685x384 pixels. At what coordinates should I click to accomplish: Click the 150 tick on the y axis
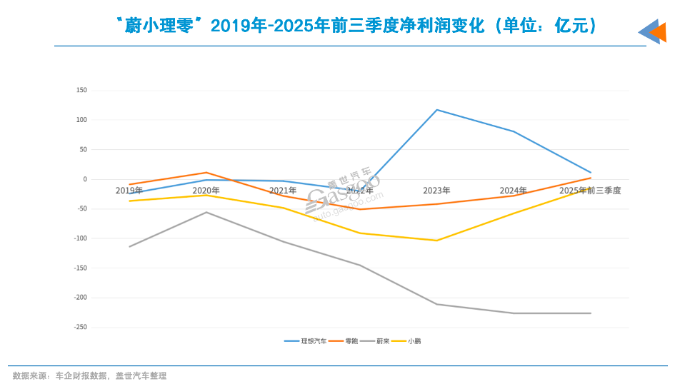tap(81, 90)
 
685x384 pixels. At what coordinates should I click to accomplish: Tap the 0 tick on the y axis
tap(84, 179)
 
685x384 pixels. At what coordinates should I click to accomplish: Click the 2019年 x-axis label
tap(129, 191)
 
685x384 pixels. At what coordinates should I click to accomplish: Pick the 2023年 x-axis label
tap(436, 191)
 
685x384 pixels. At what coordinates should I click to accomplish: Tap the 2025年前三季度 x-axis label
tap(590, 191)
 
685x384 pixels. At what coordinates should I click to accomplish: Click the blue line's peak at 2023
tap(436, 109)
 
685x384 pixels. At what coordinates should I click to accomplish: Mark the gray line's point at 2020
tap(206, 212)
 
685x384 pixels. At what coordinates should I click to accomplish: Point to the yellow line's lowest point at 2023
tap(436, 241)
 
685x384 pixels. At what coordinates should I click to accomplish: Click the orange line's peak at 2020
tap(206, 172)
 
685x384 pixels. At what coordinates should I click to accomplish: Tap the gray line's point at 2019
tap(129, 247)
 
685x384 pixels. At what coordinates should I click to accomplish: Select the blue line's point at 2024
tap(514, 131)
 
